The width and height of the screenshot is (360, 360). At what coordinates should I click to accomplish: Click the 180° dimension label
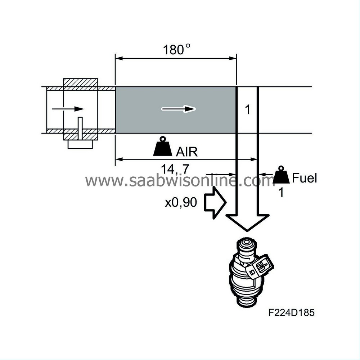point(176,49)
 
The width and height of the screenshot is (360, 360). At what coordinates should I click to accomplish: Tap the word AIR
point(186,152)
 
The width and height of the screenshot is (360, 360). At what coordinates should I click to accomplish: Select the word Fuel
point(304,178)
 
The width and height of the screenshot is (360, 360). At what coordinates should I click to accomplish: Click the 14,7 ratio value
point(175,169)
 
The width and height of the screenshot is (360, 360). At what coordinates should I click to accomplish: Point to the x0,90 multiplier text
point(181,202)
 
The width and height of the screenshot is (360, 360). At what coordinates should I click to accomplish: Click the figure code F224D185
point(291,312)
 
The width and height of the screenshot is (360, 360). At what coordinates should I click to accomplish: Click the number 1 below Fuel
point(281,192)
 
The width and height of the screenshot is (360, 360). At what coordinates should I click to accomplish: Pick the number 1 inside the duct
point(248,110)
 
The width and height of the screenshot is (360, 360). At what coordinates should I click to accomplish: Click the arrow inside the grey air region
point(179,109)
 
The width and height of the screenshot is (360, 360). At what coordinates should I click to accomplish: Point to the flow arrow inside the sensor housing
point(68,109)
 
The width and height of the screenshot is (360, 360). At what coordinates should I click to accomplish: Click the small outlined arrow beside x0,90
point(215,202)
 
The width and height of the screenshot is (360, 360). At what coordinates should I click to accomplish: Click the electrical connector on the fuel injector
point(260,267)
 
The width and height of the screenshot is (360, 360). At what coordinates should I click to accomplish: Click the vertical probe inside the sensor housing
point(80,129)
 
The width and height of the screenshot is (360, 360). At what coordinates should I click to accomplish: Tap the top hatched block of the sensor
point(80,82)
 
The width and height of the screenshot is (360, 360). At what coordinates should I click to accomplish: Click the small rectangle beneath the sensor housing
point(80,144)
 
